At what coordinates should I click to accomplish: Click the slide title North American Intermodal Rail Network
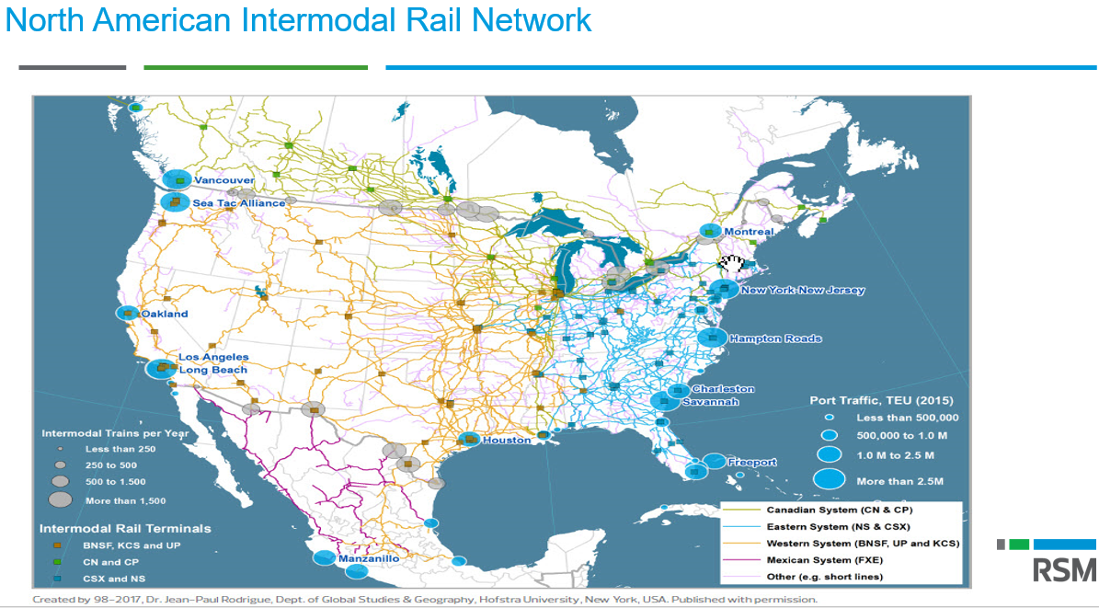click(298, 20)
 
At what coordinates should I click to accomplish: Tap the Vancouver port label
click(223, 180)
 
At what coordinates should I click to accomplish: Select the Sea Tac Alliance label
click(239, 202)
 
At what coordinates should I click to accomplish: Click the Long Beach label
click(212, 370)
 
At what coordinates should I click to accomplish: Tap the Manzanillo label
click(369, 558)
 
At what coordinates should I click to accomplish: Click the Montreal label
click(749, 232)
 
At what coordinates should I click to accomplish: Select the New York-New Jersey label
click(803, 291)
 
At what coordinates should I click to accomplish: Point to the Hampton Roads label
click(775, 338)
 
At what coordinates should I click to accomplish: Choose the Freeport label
click(752, 462)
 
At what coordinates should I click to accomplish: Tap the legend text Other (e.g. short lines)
click(825, 577)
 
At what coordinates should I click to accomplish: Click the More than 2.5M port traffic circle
click(829, 480)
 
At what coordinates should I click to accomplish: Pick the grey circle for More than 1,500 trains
click(61, 499)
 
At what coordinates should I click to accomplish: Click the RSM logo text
click(1064, 570)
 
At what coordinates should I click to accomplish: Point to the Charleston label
click(723, 389)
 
